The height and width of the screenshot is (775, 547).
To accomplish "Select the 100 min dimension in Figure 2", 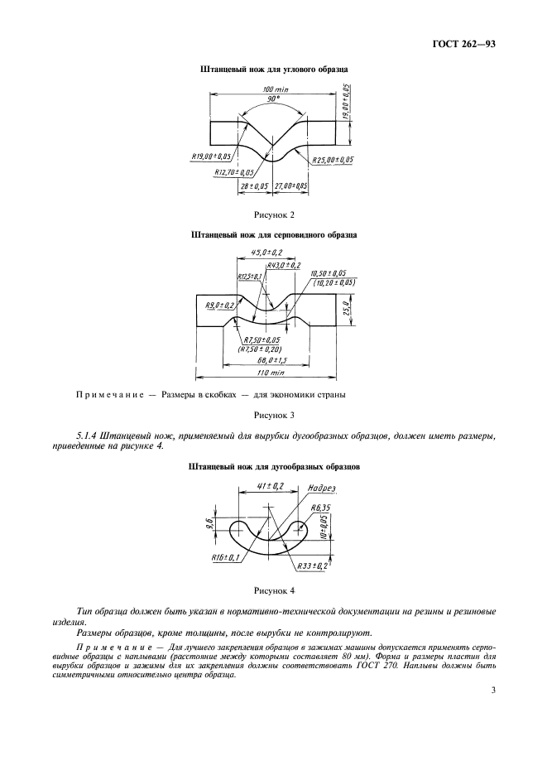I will tap(274, 89).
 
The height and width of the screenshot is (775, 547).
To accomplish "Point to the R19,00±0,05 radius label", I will tap(211, 156).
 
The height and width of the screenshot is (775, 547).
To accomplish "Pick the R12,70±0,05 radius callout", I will tap(234, 172).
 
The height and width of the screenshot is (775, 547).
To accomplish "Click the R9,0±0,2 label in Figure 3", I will tap(219, 306).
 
